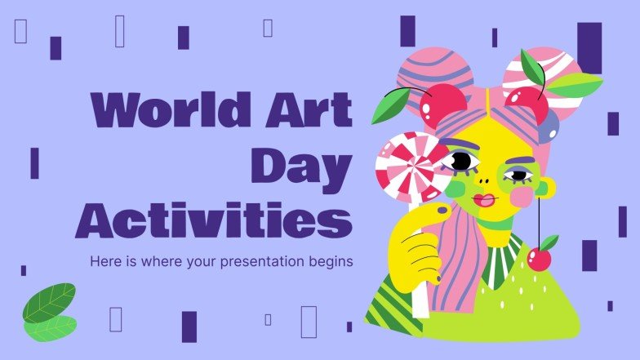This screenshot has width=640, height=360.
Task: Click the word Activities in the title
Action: click(x=214, y=222)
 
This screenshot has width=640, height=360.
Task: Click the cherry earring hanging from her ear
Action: click(x=540, y=258)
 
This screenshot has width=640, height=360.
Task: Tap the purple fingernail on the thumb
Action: click(x=442, y=211)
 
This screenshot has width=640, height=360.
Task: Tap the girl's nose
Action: click(x=487, y=178)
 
